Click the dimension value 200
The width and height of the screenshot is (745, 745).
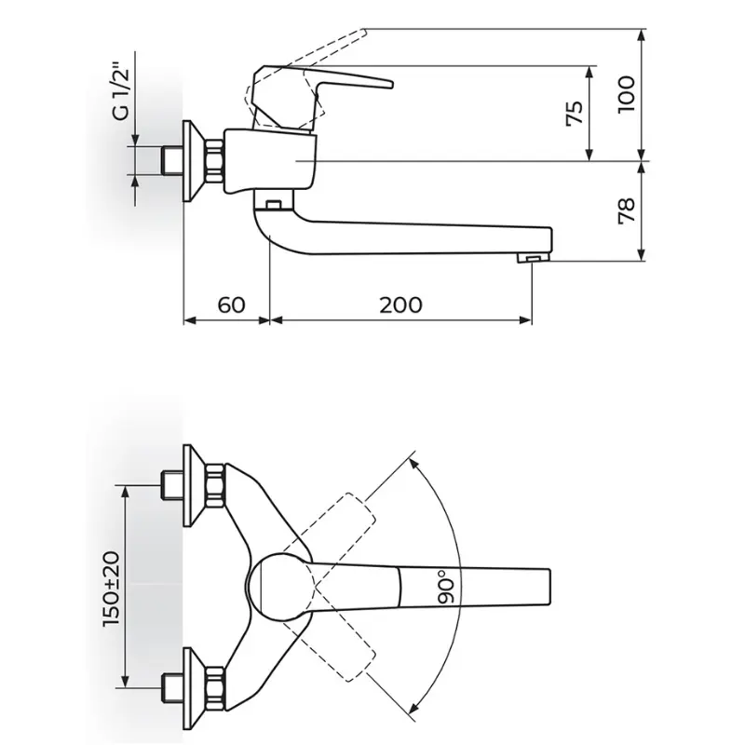tap(400, 305)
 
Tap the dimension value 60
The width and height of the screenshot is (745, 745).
tap(231, 305)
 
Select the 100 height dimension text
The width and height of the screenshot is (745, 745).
tap(626, 94)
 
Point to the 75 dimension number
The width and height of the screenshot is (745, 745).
tap(575, 113)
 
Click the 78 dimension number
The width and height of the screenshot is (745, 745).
tap(626, 210)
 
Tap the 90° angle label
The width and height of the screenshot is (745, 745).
tap(446, 588)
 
